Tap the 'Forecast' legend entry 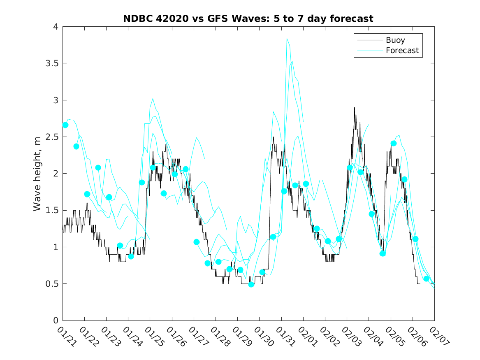coord(402,51)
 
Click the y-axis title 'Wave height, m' coord(37,173)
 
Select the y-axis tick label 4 coord(55,27)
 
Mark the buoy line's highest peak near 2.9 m coord(355,108)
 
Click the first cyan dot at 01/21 coord(65,125)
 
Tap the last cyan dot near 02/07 coord(426,279)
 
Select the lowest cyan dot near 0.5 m coord(251,284)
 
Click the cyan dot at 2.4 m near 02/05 coord(394,144)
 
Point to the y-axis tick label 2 coord(55,174)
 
